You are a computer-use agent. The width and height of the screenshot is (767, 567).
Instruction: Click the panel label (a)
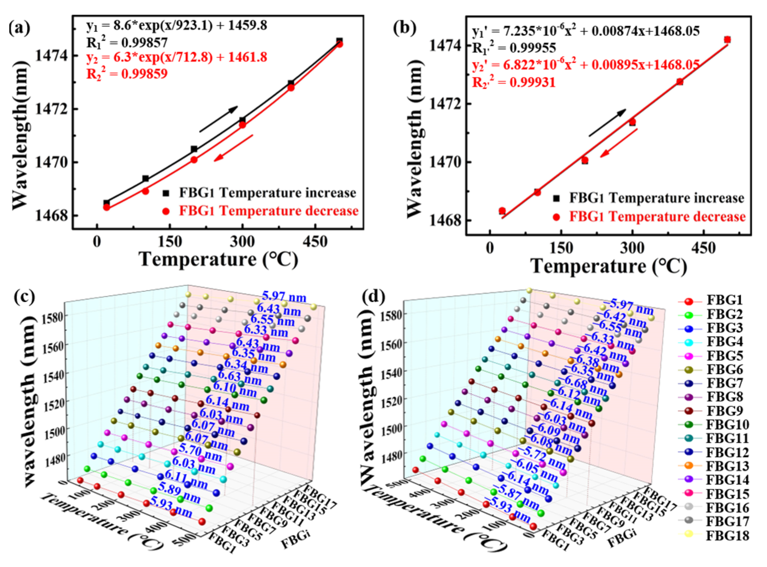click(x=20, y=28)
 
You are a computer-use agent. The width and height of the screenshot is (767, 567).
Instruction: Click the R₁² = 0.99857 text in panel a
click(x=127, y=42)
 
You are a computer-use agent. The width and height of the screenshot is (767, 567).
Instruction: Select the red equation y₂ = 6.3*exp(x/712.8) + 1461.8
click(x=177, y=58)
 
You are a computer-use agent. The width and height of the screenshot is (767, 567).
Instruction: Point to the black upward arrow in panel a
click(x=219, y=119)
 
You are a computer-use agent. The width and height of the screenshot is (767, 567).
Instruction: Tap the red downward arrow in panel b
click(x=619, y=143)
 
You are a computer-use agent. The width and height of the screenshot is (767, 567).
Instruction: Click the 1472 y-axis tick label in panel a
click(x=51, y=109)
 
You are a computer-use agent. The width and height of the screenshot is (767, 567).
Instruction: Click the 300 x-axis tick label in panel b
click(x=632, y=248)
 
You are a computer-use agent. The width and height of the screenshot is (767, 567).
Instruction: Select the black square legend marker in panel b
click(x=556, y=199)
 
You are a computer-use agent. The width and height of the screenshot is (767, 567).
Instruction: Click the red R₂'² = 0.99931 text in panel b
click(x=513, y=82)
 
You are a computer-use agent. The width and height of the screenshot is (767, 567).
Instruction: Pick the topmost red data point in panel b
click(x=727, y=39)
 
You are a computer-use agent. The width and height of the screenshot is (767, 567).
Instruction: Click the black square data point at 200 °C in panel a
click(x=194, y=149)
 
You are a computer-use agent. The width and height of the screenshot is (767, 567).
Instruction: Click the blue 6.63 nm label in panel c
click(x=240, y=377)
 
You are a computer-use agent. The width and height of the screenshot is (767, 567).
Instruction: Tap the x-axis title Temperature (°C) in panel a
click(x=218, y=259)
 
